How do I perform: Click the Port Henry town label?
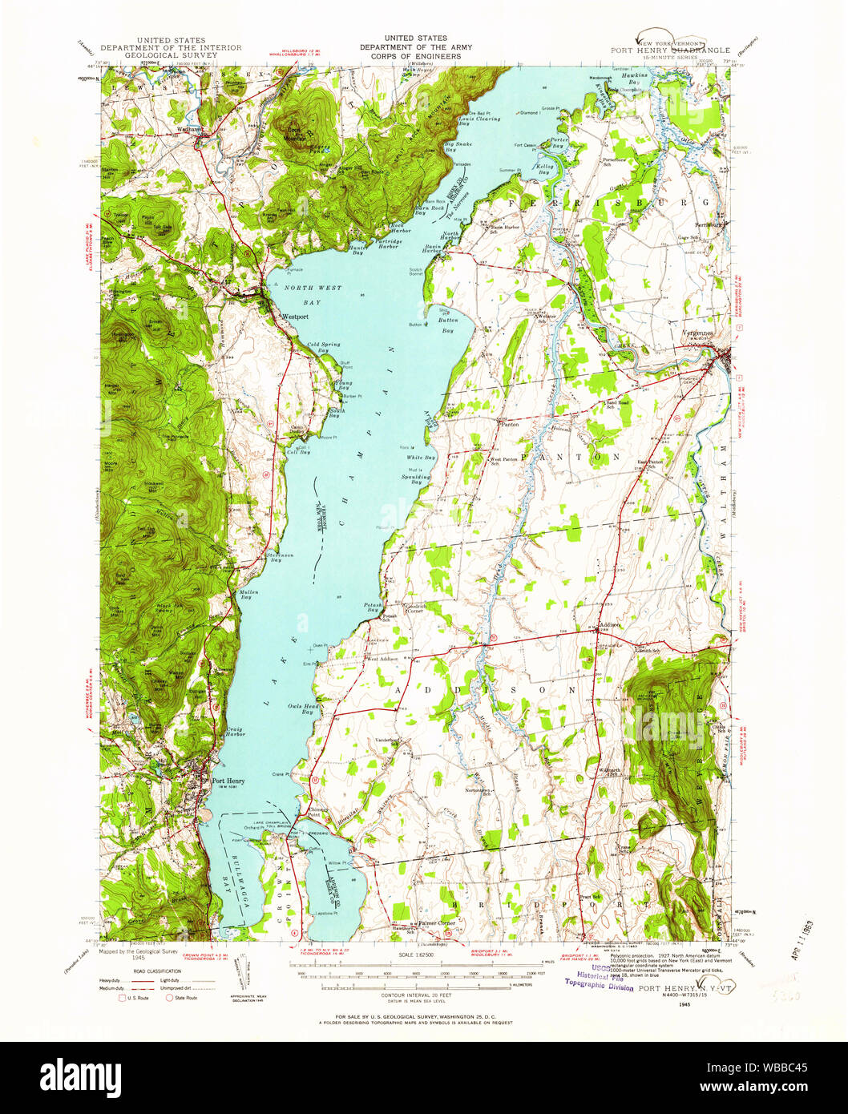click(228, 781)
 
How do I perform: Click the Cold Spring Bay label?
click(324, 347)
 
